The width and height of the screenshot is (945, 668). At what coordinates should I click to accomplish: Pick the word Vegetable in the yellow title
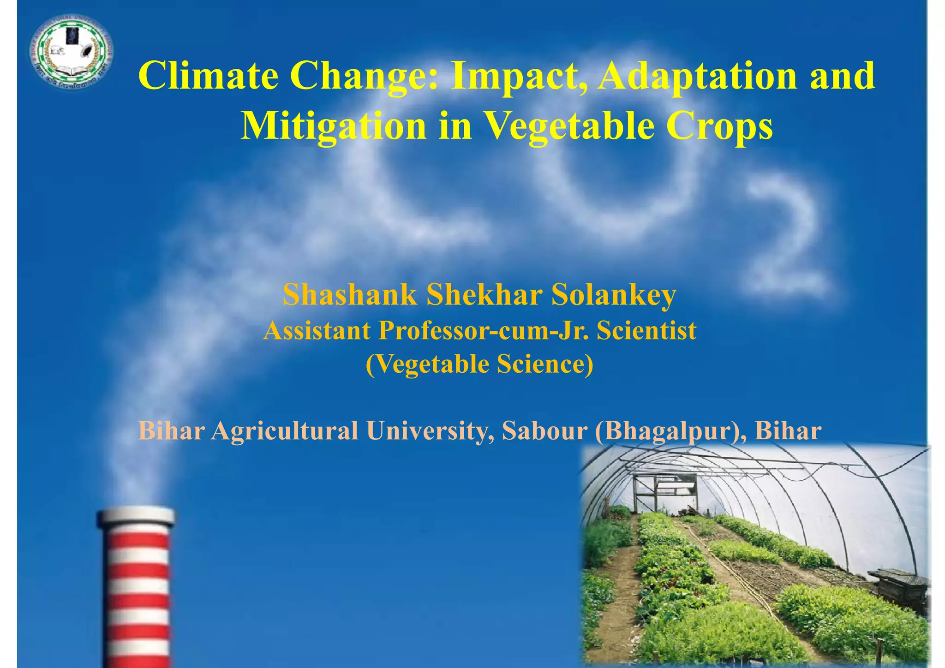(x=568, y=126)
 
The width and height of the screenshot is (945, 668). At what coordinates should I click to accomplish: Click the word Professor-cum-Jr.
(x=484, y=330)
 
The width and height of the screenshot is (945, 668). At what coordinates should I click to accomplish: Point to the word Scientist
(x=646, y=330)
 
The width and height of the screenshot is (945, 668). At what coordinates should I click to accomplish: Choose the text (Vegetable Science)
(x=479, y=364)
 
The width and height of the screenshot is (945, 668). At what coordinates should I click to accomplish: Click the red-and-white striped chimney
(x=137, y=586)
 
